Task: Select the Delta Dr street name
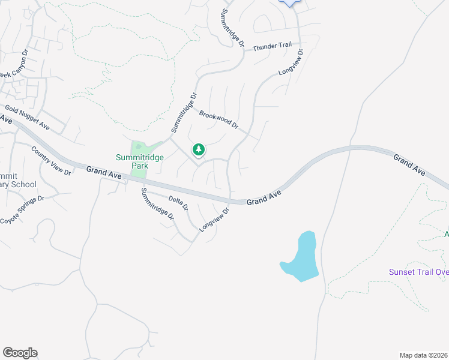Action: click(178, 202)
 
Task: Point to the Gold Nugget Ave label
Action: click(27, 117)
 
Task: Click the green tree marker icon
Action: click(198, 149)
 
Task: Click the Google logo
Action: click(20, 353)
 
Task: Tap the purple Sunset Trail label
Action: click(418, 272)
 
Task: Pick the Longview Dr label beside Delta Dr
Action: click(215, 220)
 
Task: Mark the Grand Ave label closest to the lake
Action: click(265, 197)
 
